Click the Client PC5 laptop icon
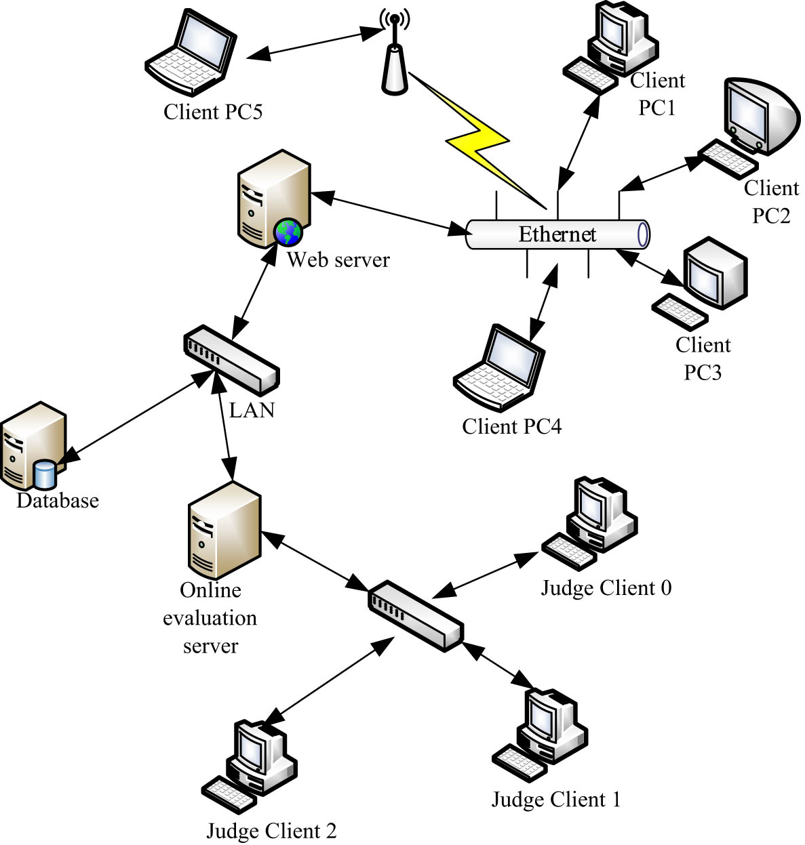[191, 51]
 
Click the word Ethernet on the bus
[557, 234]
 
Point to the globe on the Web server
[288, 232]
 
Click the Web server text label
[338, 260]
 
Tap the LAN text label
[252, 411]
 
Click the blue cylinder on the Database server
[45, 474]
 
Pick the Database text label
[58, 501]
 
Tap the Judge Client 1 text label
[555, 800]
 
